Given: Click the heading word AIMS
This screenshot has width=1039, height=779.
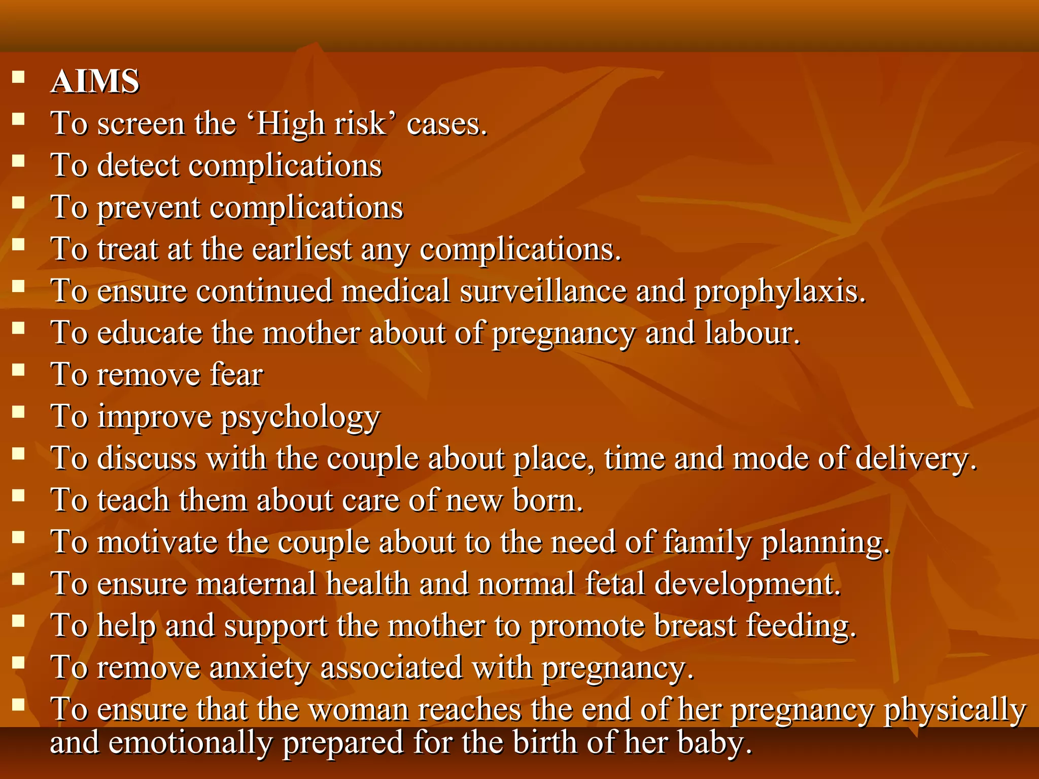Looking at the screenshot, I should [x=95, y=82].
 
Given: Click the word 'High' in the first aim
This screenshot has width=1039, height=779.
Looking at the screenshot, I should [x=290, y=124].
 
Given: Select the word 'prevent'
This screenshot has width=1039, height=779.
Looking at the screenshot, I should [x=149, y=208].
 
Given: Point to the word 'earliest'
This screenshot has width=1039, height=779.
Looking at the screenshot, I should [x=302, y=250].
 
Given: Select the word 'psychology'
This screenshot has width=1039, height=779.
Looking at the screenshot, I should [x=300, y=418].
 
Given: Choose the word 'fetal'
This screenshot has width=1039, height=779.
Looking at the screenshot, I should [x=614, y=584].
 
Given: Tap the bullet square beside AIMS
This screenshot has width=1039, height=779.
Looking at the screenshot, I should [x=19, y=77].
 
